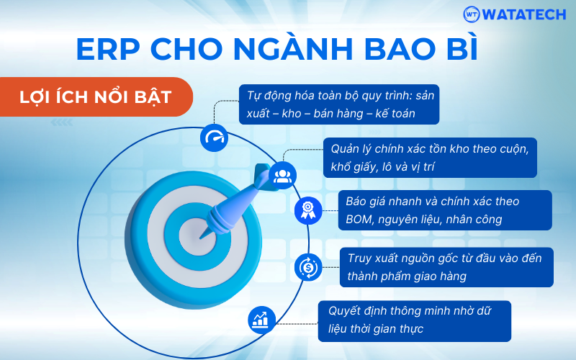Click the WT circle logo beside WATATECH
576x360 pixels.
(472, 14)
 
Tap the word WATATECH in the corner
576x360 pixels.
(524, 14)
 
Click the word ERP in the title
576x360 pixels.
(108, 49)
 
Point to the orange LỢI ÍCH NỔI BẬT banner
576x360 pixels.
(96, 97)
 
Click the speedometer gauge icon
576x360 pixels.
(214, 138)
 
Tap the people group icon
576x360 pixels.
(282, 176)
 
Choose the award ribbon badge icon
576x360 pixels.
(308, 210)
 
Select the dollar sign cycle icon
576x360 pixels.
(308, 267)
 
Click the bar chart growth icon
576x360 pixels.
(261, 320)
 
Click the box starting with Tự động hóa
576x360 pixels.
(339, 104)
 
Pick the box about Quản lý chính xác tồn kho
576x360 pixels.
(430, 158)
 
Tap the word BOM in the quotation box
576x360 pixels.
(359, 220)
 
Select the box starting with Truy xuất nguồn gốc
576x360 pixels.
(446, 267)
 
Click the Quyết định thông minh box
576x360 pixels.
(415, 321)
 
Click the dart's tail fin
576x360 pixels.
(264, 177)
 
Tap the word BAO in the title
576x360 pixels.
(397, 49)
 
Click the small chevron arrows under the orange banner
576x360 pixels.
(62, 122)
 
